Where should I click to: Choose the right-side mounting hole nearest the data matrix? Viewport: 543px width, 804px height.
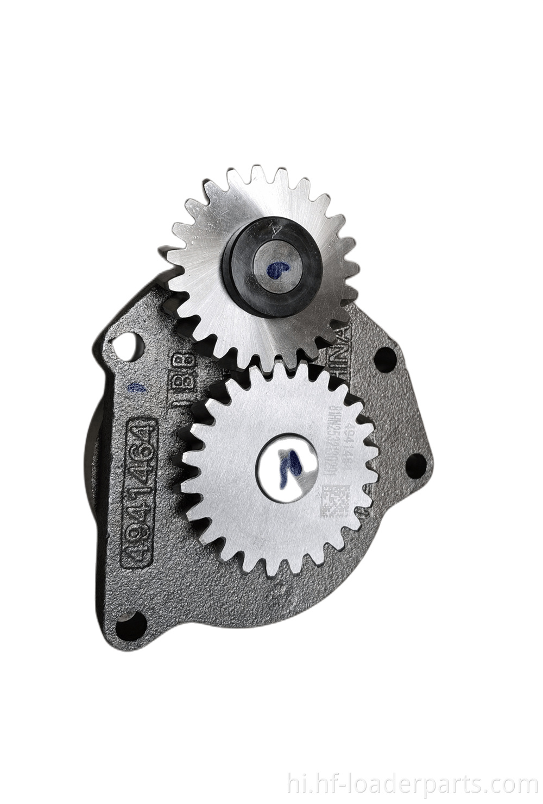(x=416, y=462)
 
